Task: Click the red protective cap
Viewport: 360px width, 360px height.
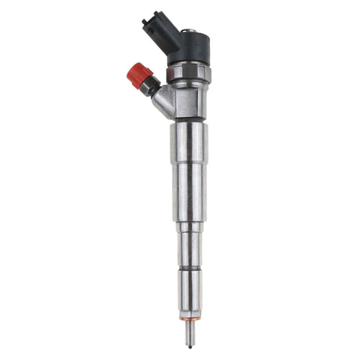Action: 139,75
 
